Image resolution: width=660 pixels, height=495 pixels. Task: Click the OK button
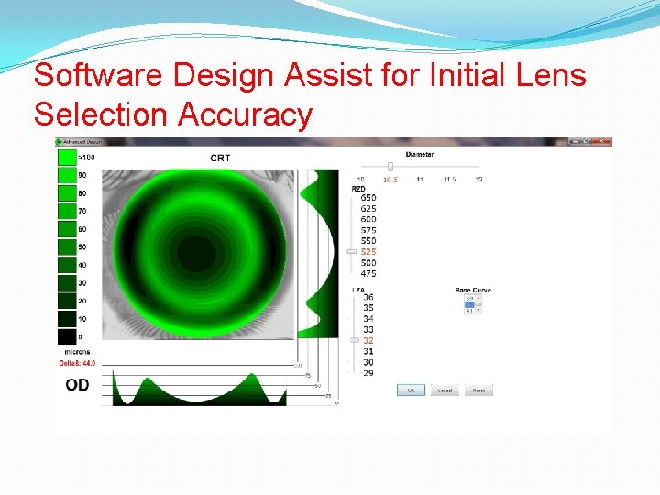click(411, 390)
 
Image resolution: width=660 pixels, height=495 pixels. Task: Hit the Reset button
click(478, 390)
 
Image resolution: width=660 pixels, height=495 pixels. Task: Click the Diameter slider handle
click(390, 167)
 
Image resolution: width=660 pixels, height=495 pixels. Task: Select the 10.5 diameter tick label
click(390, 180)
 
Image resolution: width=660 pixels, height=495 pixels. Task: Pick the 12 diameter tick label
click(478, 180)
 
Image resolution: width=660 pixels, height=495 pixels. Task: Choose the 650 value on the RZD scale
click(368, 197)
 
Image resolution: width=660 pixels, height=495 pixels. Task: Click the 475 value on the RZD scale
click(368, 274)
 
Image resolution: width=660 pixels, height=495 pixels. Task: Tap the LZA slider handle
click(351, 340)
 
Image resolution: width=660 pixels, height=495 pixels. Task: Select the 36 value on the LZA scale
click(368, 297)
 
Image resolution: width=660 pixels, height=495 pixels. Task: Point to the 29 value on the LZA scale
click(368, 373)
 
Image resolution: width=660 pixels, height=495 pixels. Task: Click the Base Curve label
click(473, 290)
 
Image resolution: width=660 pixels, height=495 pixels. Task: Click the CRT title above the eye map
click(220, 158)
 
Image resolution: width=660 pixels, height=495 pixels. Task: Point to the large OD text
click(78, 385)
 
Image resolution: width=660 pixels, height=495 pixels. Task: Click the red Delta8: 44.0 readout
click(77, 364)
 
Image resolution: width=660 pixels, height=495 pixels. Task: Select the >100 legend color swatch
click(67, 158)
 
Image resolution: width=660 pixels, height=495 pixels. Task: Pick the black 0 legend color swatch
click(67, 336)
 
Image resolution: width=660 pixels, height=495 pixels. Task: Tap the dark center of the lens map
click(195, 250)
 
